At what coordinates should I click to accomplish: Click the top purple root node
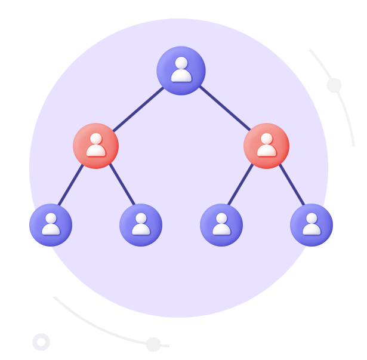point(181,70)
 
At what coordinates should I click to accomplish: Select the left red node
point(95,146)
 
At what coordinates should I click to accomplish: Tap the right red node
point(266,146)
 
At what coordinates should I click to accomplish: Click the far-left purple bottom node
point(51,225)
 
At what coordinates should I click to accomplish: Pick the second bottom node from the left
point(141,225)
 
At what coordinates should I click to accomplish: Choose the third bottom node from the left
point(221,225)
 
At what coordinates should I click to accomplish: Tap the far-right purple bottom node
point(311,225)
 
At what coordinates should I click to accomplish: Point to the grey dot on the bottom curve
point(153,344)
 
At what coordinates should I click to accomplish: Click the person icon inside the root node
point(181,69)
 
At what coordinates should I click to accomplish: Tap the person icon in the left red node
point(95,144)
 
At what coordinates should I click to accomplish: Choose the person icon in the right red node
point(266,144)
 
